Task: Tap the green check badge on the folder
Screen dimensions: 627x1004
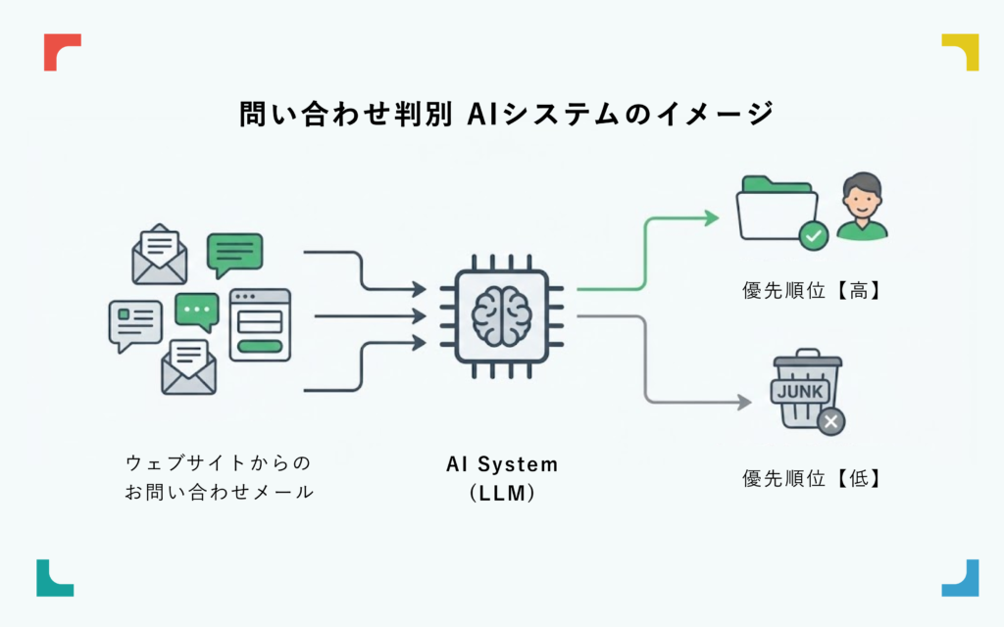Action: click(x=813, y=235)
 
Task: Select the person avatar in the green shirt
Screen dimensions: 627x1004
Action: click(x=862, y=207)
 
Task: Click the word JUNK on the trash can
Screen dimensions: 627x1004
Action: click(x=802, y=391)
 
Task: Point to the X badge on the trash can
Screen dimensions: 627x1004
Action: click(x=830, y=421)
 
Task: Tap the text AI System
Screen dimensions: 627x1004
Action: click(x=501, y=464)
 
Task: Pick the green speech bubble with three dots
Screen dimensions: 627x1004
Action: click(x=197, y=311)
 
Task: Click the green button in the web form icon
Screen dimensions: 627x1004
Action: click(x=260, y=346)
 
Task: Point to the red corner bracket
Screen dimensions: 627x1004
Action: click(x=61, y=50)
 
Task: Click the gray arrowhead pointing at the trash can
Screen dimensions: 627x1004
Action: click(x=744, y=402)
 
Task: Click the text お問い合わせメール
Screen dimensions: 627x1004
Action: click(x=219, y=492)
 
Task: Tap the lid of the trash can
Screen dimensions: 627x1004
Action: click(x=807, y=359)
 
